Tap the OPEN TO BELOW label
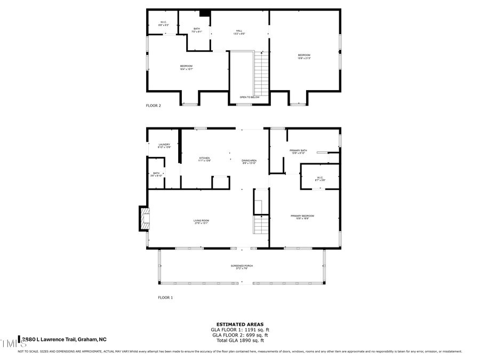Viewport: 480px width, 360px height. pos(250,97)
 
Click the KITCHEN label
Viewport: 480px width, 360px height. pos(205,159)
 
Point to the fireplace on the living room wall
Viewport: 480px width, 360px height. pos(145,219)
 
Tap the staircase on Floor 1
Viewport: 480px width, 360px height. pos(261,224)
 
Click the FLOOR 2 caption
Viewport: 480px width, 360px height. pos(154,106)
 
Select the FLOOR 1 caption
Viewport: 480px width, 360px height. pos(165,298)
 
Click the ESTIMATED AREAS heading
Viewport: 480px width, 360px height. pos(239,324)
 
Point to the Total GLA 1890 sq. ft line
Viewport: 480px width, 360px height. pos(239,340)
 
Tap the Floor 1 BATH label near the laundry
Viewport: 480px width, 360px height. pos(156,174)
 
